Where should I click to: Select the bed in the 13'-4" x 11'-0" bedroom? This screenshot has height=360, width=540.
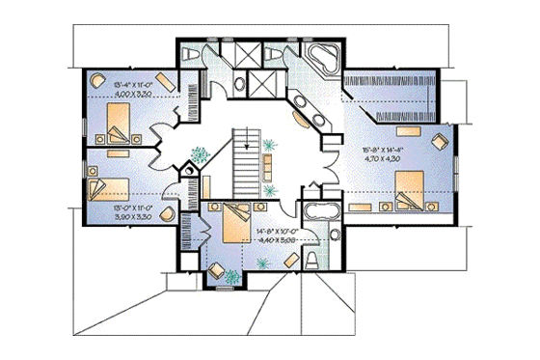coord(118,125)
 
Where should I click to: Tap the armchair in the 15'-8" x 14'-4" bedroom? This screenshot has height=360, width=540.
coord(440,142)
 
